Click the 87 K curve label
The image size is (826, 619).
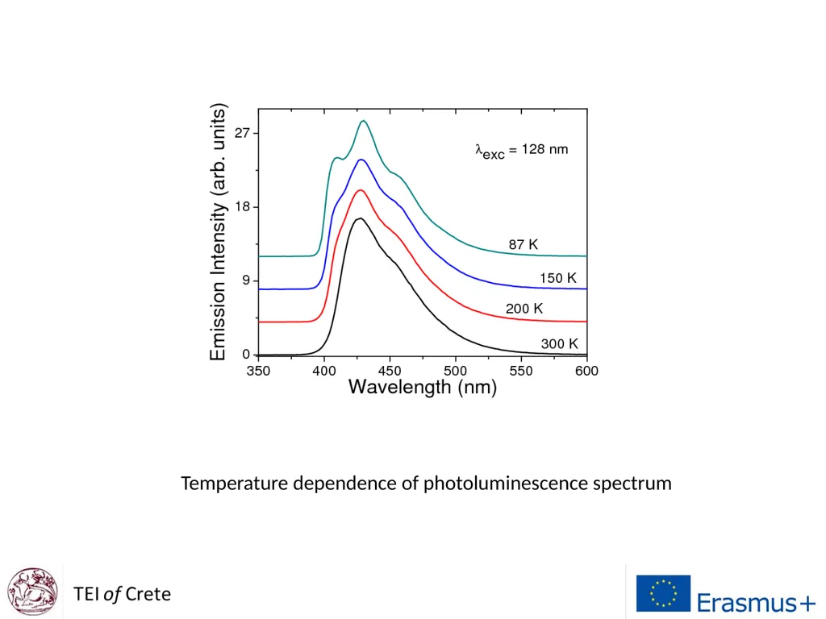(x=523, y=244)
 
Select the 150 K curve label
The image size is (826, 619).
(x=558, y=278)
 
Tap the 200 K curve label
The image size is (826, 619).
(x=524, y=309)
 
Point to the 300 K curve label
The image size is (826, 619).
(x=560, y=343)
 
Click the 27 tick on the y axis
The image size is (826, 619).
(x=242, y=133)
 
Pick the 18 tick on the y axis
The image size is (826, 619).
(x=242, y=207)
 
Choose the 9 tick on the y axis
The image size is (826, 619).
(x=246, y=280)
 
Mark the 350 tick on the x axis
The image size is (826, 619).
(x=258, y=371)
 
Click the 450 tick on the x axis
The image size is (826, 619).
(x=390, y=371)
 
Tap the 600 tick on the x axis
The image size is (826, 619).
(x=586, y=371)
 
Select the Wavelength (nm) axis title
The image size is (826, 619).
(x=423, y=388)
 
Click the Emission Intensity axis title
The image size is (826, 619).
(x=218, y=231)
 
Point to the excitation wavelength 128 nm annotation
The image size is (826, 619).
(x=522, y=151)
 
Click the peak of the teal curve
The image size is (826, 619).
(x=364, y=121)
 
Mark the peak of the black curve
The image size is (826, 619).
(x=361, y=218)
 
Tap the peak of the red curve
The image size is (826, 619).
(x=361, y=190)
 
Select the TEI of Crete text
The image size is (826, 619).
(x=123, y=594)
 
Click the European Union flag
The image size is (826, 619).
(x=663, y=593)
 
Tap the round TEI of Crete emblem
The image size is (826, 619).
(x=32, y=592)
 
